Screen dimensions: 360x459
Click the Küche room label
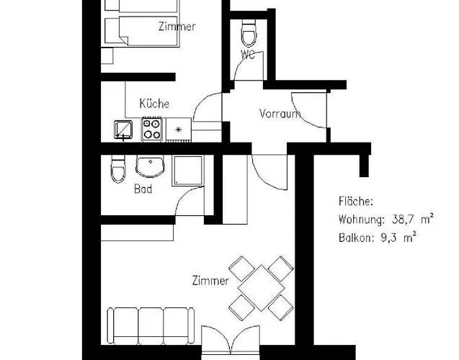(154, 104)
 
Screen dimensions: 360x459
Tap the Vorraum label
(280, 113)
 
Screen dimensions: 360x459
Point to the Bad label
(143, 190)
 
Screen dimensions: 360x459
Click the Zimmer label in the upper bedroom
(177, 27)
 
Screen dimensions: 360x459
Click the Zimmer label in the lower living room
(210, 280)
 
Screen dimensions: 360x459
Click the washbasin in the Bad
(150, 166)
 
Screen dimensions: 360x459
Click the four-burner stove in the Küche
(152, 130)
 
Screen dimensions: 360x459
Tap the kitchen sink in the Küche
(123, 130)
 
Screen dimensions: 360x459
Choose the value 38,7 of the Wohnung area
(402, 219)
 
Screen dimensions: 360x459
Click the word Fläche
(356, 202)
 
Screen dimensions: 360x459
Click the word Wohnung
(360, 219)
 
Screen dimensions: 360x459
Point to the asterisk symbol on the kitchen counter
(178, 130)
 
